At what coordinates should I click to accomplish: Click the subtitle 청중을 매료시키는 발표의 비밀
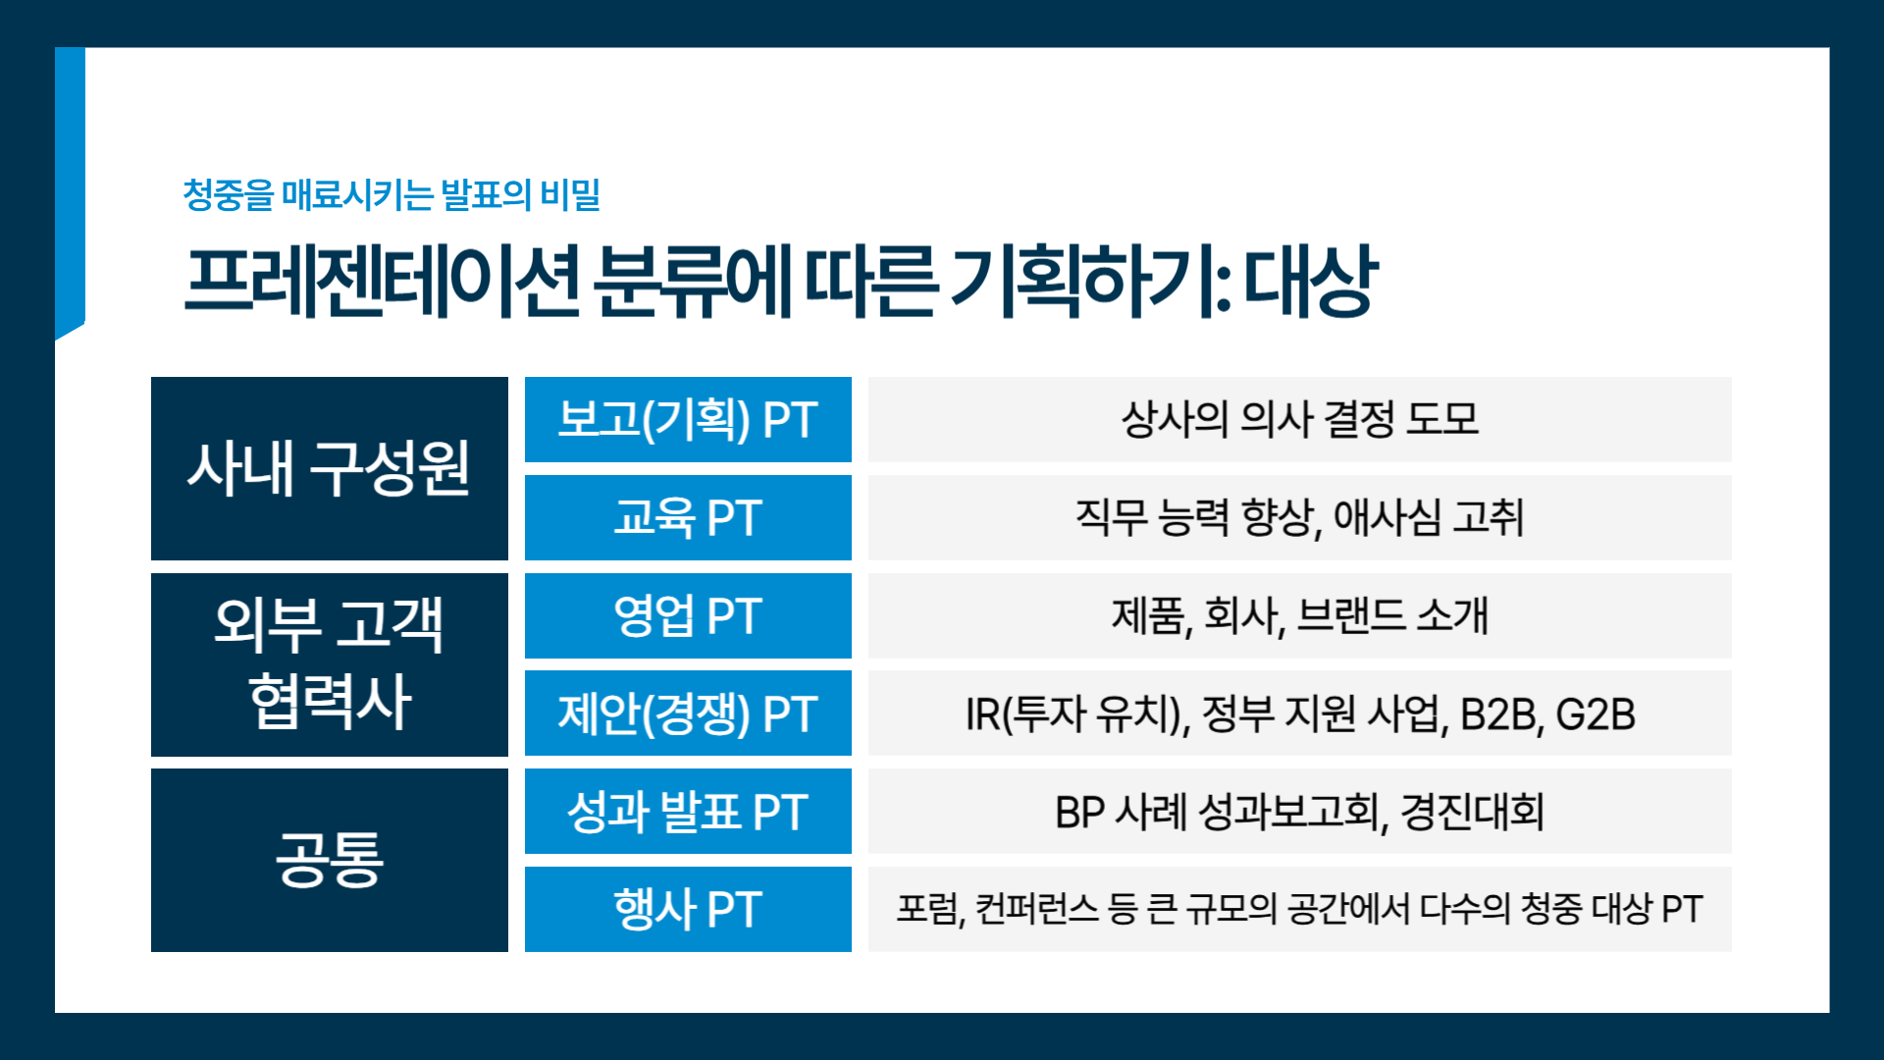[x=392, y=194]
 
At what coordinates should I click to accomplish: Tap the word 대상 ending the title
[x=1311, y=281]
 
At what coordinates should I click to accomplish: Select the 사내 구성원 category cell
[x=330, y=468]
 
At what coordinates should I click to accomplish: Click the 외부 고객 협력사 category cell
[x=330, y=664]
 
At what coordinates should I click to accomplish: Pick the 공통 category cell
[x=330, y=860]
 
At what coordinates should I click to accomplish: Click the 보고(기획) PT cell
[x=688, y=419]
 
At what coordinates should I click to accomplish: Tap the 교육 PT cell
[x=688, y=517]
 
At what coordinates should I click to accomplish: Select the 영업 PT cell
[x=688, y=615]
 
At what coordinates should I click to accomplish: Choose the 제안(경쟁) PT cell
[x=688, y=714]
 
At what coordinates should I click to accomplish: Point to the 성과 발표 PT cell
[x=688, y=812]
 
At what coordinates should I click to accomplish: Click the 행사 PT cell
[x=688, y=909]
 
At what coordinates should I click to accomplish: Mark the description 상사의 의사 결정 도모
[x=1300, y=419]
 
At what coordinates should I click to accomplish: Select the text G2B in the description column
[x=1596, y=714]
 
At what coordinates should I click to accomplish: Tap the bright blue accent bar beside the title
[x=70, y=191]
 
